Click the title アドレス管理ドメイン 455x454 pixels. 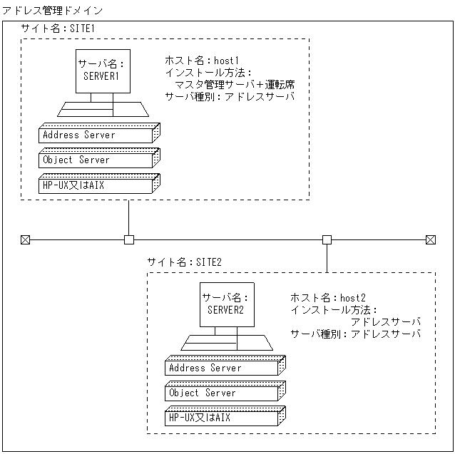53,11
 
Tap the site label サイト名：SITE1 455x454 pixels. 58,29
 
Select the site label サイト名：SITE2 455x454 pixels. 185,262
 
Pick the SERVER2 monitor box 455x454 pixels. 226,305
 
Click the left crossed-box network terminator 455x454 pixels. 26,239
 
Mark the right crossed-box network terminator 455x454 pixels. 430,239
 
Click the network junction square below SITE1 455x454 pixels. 129,239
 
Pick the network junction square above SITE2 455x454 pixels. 327,239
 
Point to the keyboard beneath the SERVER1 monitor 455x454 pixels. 104,109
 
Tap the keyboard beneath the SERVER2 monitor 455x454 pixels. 226,343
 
